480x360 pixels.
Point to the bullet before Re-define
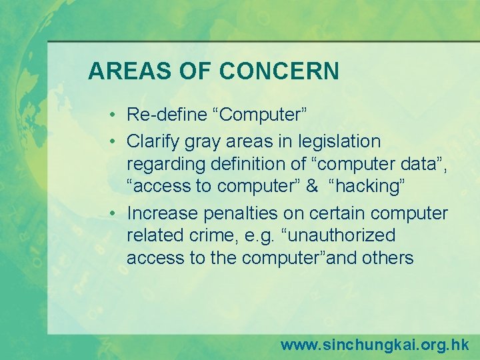pyautogui.click(x=115, y=115)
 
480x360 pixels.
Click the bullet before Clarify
pyautogui.click(x=115, y=142)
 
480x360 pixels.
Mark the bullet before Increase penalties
pyautogui.click(x=115, y=213)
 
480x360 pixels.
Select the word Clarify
pyautogui.click(x=151, y=141)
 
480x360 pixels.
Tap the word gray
pyautogui.click(x=201, y=142)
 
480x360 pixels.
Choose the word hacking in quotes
pyautogui.click(x=365, y=187)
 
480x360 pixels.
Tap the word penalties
pyautogui.click(x=241, y=213)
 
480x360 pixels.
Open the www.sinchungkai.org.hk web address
pyautogui.click(x=374, y=345)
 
